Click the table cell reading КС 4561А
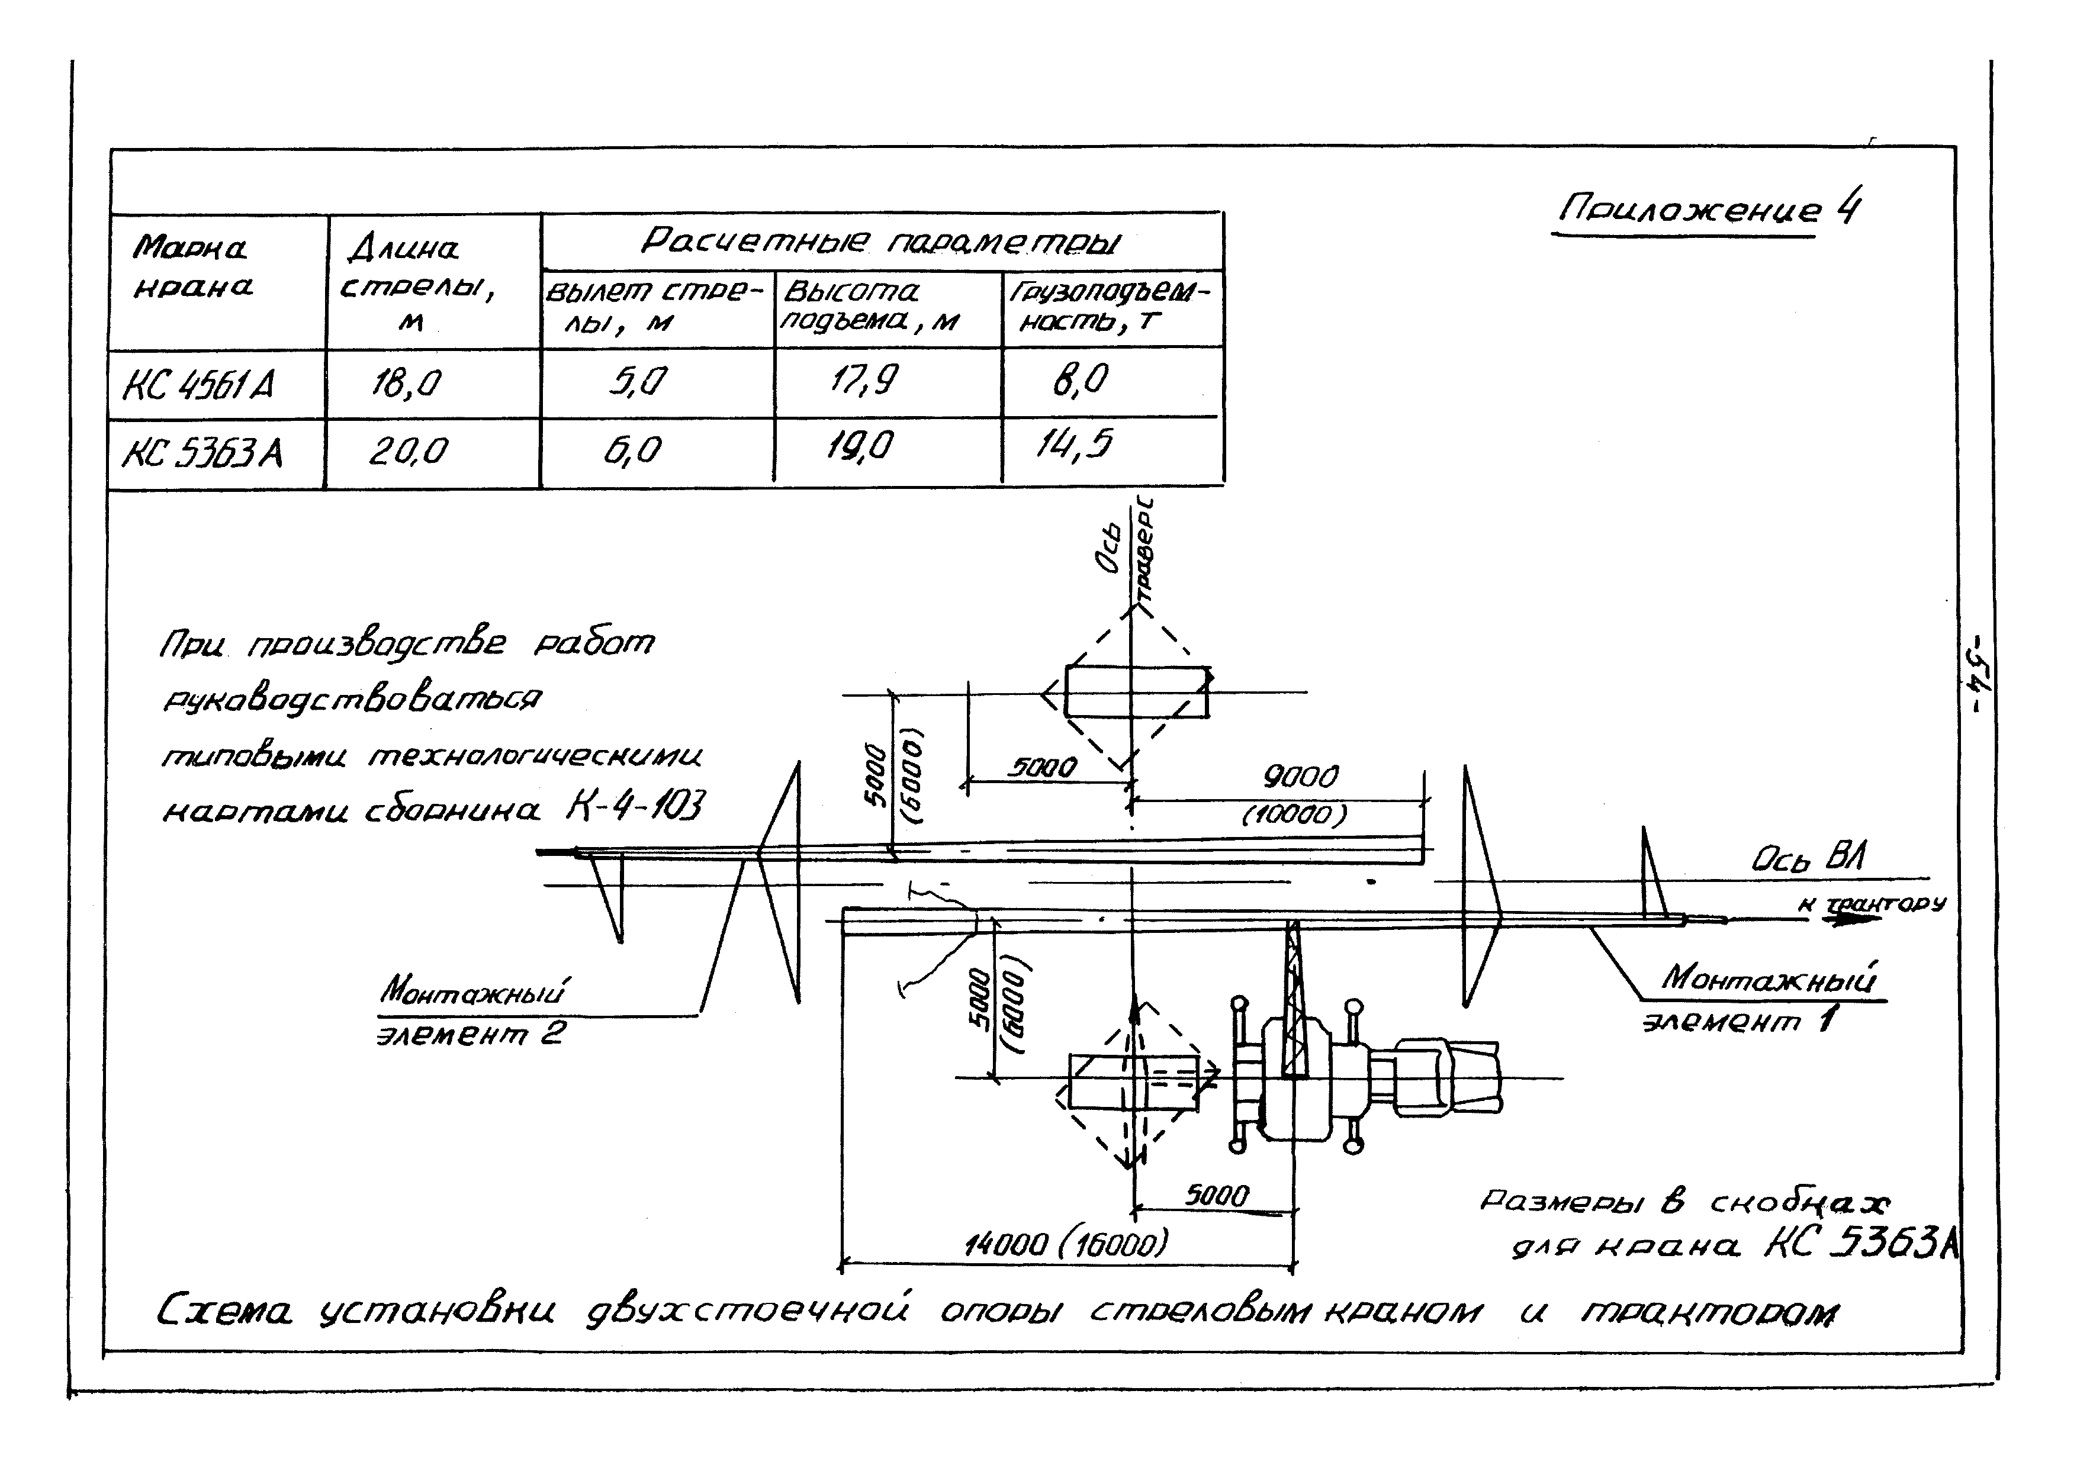tap(198, 384)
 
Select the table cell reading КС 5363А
tap(202, 451)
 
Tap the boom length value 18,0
tap(406, 384)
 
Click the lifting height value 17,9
tap(864, 380)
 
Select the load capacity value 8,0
tap(1079, 379)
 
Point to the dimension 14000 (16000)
tap(1066, 1245)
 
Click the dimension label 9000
tap(1300, 776)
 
